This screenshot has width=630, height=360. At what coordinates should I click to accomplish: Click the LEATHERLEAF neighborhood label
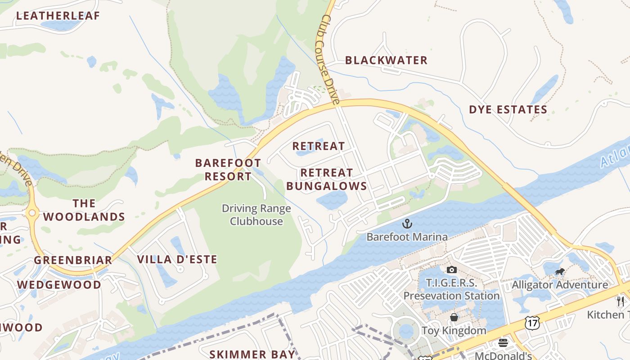click(58, 16)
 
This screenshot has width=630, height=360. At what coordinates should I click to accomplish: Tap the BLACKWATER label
click(386, 60)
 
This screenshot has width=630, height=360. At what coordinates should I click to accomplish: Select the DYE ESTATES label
click(508, 110)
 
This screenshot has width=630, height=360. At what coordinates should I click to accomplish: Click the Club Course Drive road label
click(330, 60)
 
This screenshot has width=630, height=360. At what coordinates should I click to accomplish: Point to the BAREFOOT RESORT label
click(228, 170)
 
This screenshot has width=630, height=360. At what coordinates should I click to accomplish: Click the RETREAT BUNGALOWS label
click(327, 180)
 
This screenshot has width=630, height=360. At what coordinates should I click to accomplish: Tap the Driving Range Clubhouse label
click(256, 215)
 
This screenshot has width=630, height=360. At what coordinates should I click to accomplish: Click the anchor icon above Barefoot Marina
click(407, 223)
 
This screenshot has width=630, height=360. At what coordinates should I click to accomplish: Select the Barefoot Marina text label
click(407, 237)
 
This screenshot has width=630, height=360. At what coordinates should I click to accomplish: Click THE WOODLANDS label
click(84, 210)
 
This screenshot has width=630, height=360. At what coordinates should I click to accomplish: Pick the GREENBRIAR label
click(73, 260)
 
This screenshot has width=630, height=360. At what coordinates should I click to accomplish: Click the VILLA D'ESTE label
click(177, 260)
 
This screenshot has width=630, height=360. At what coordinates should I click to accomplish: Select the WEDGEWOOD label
click(59, 285)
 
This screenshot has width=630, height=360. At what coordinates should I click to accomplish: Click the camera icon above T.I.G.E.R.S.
click(451, 270)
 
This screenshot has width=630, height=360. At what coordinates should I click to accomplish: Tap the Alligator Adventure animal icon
click(560, 271)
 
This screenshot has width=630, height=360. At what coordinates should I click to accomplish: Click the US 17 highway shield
click(532, 322)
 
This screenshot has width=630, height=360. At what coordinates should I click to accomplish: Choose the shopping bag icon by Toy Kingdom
click(454, 317)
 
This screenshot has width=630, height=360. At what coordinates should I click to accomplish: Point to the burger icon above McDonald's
click(503, 343)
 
